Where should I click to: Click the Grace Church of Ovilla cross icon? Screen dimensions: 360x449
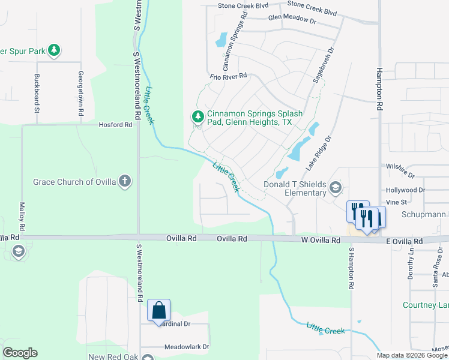[124, 181]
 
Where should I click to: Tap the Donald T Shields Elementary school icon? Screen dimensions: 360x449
[335, 189]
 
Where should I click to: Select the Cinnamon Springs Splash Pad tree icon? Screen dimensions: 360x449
[197, 117]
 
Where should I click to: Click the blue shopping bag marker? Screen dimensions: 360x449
[159, 310]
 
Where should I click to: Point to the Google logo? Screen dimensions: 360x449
[19, 353]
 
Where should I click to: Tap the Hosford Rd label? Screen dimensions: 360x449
[115, 125]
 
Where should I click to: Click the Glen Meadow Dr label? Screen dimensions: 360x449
[292, 20]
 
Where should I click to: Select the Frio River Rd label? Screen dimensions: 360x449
[229, 76]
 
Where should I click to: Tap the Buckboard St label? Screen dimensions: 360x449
[37, 94]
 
